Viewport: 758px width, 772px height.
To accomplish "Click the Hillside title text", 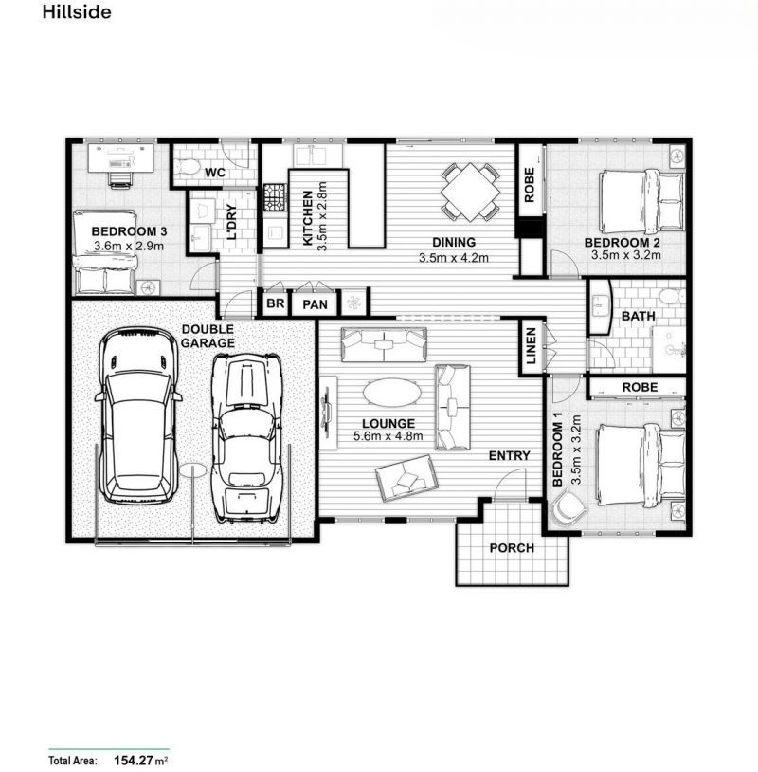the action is coord(77,11).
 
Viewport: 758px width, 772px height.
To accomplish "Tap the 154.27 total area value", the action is coord(133,761).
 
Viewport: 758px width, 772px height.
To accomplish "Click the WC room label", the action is coord(215,173).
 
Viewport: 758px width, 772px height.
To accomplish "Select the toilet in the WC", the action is coord(186,167).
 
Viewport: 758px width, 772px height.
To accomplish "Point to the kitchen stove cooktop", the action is coord(275,198).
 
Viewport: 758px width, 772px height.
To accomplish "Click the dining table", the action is coord(470,192).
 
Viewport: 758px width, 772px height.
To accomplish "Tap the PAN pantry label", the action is coord(315,304).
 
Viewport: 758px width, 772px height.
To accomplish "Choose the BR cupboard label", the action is coord(275,303).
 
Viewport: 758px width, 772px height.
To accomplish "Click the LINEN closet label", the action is coord(532,346).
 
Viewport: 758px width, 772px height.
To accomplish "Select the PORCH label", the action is coord(512,548).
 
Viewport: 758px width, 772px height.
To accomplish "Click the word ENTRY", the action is coord(509,456).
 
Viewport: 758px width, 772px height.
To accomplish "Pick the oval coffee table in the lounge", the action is coord(392,393).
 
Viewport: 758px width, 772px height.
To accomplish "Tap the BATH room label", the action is coord(638,316).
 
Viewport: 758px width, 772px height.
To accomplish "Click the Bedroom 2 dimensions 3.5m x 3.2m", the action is coord(625,255).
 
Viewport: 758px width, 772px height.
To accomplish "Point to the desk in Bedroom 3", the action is coord(120,157).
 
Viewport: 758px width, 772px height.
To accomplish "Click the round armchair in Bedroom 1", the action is coord(568,507).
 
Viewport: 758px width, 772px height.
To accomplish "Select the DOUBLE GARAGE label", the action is coord(208,336).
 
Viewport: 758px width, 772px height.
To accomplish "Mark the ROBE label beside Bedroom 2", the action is coord(530,185).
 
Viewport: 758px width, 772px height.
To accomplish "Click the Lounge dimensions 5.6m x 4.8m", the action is coord(388,436).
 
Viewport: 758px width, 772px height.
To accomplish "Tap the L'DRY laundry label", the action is coord(232,222).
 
